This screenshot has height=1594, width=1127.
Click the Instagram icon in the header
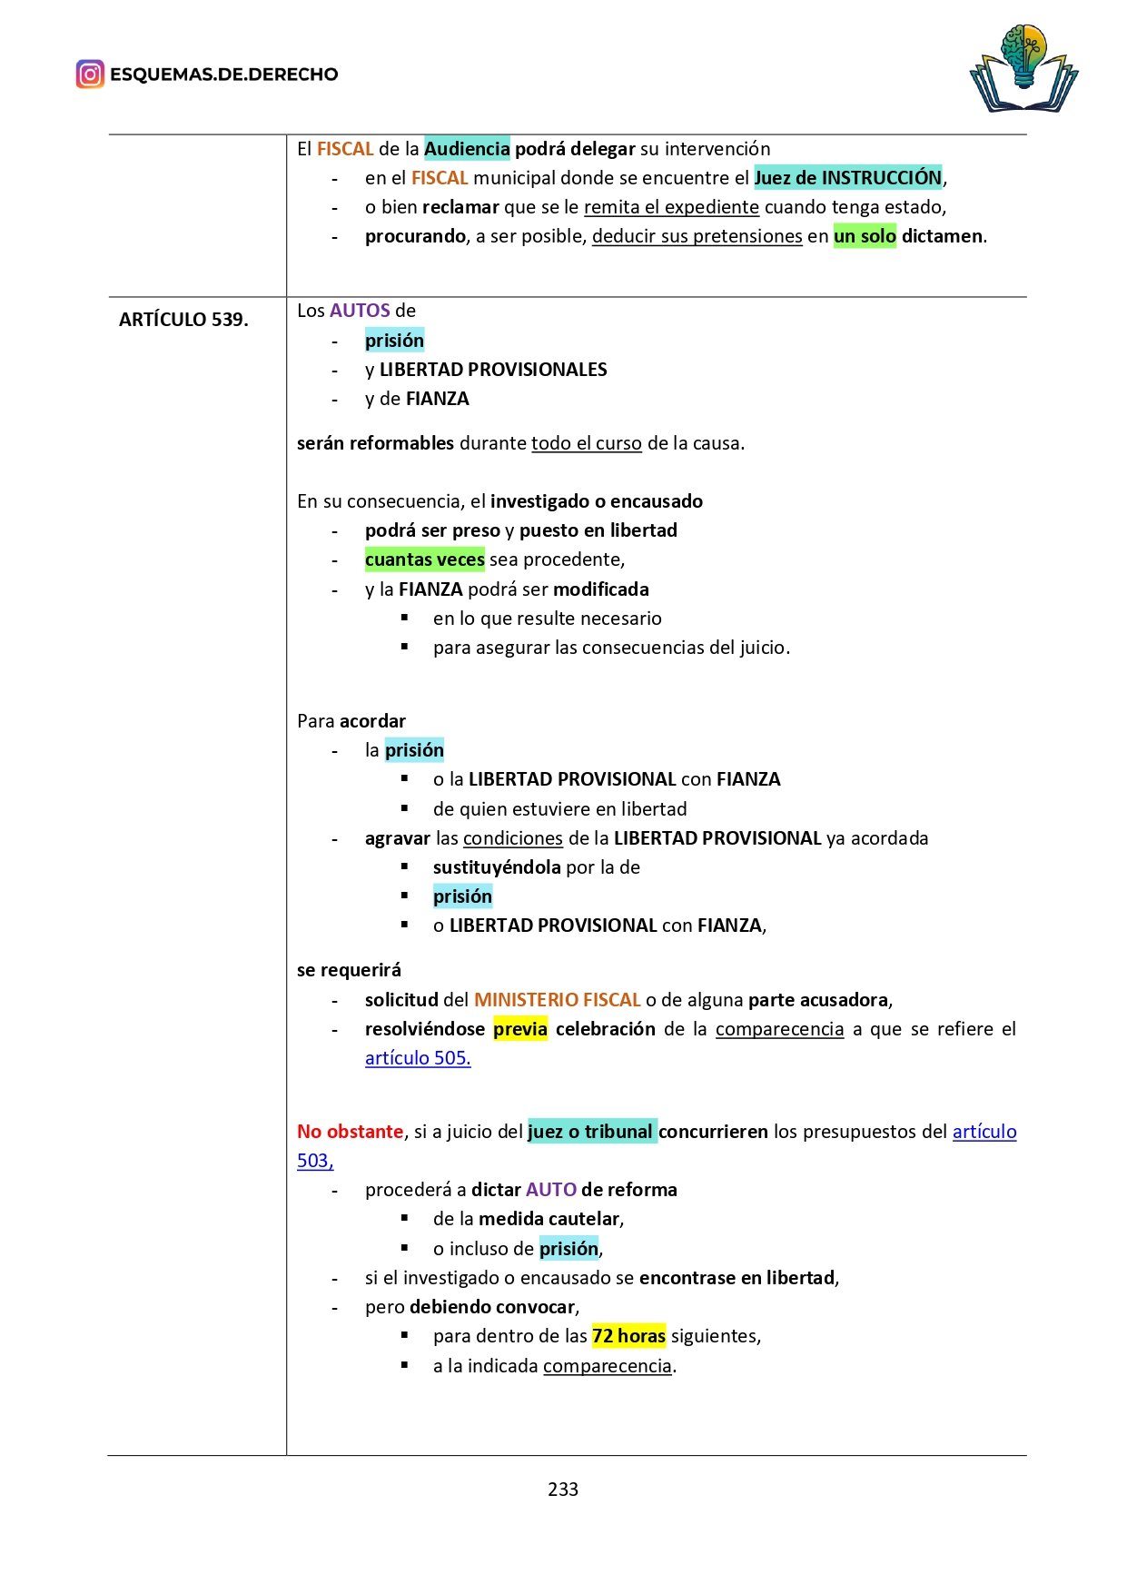coord(90,74)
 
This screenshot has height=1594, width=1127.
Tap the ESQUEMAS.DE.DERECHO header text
coord(223,74)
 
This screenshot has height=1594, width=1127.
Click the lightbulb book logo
coord(1023,70)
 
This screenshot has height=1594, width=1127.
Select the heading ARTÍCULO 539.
coord(183,320)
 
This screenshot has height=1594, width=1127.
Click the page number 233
coord(563,1489)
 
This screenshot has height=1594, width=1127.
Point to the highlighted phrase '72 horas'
coord(628,1336)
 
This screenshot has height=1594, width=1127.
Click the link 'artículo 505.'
coord(418,1058)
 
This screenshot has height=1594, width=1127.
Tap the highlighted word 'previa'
coord(520,1029)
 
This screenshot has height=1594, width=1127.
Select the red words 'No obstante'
coord(350,1132)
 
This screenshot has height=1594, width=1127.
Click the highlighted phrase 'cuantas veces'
coord(424,559)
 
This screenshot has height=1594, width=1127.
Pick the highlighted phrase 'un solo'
coord(865,236)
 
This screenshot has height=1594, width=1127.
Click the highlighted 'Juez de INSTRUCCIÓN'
coord(847,178)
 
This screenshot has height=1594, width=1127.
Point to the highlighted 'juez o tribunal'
coord(590,1132)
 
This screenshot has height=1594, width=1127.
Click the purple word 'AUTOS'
coord(360,311)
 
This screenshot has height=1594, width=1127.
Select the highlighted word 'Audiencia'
coord(467,149)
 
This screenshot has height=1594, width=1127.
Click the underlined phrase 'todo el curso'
coord(587,443)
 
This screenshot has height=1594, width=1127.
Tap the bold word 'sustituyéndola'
coord(497,867)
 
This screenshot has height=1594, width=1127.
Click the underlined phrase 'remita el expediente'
coord(671,207)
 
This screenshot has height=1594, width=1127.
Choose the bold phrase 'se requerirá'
coord(349,970)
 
